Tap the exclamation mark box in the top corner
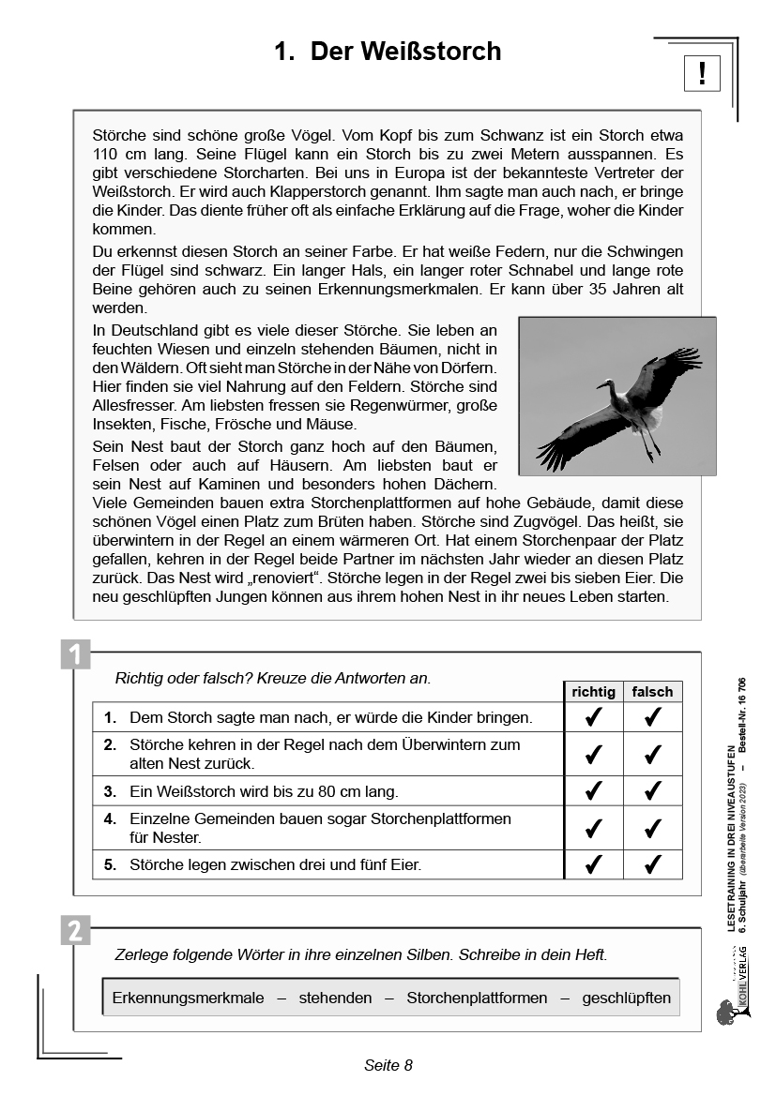[702, 72]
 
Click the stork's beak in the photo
[601, 384]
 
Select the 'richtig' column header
[593, 692]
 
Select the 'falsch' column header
[652, 692]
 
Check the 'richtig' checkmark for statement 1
[593, 717]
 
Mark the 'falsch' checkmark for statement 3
[653, 791]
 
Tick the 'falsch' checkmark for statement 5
[653, 864]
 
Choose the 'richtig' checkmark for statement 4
[593, 828]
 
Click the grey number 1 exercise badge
[75, 653]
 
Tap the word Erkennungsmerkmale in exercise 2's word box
[188, 998]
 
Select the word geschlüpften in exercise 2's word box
[626, 998]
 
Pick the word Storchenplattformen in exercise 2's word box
[477, 998]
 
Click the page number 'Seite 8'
[388, 1065]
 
